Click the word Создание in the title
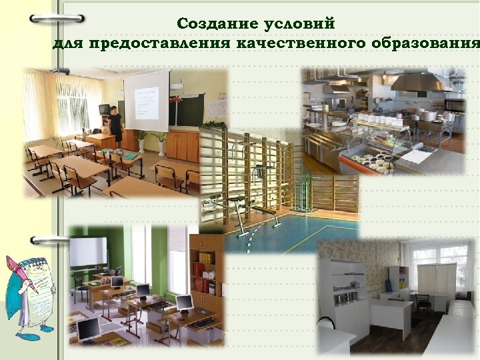coord(209,23)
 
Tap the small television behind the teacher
coord(104,109)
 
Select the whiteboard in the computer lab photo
coord(88,251)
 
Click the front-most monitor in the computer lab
coord(88,328)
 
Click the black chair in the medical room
coord(422,304)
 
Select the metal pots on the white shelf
coord(346,297)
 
